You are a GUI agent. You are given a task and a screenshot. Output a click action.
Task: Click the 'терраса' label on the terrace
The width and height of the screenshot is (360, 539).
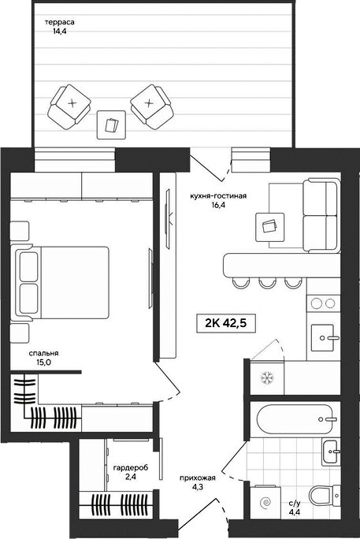click(60, 22)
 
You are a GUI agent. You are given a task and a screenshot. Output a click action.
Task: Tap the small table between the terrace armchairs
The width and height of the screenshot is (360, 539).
click(111, 125)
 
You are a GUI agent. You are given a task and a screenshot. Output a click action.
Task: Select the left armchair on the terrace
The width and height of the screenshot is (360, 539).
click(69, 107)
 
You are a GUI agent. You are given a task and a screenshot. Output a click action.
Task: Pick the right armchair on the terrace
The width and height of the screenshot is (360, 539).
click(150, 107)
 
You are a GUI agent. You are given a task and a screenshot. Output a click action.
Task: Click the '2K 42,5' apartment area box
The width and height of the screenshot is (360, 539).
click(226, 323)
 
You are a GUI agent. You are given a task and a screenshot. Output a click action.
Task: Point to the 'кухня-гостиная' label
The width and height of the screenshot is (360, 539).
click(218, 196)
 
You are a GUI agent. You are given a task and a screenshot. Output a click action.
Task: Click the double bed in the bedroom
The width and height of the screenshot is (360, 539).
click(60, 283)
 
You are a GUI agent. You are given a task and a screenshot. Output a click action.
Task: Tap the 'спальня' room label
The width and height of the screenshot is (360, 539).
click(43, 353)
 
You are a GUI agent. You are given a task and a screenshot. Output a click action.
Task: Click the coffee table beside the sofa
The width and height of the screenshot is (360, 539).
click(270, 227)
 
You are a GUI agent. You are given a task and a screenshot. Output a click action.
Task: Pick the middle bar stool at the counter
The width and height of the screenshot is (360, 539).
click(266, 282)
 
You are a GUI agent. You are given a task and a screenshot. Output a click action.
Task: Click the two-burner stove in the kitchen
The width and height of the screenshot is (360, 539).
click(323, 303)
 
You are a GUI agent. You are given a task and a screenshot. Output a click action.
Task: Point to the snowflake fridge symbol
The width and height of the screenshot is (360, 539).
click(266, 377)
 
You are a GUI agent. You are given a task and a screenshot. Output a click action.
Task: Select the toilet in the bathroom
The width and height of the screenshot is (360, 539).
click(324, 496)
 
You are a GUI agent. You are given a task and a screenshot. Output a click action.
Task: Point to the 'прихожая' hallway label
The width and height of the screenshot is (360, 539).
click(198, 478)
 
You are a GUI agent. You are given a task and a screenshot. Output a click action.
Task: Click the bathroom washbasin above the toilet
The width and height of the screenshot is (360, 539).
click(331, 452)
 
